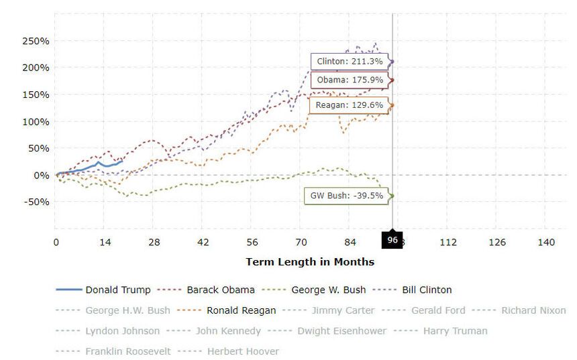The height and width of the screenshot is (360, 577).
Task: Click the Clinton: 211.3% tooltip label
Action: [350, 62]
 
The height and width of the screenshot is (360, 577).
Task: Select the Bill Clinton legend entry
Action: [426, 290]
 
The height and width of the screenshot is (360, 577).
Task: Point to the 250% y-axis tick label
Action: [36, 41]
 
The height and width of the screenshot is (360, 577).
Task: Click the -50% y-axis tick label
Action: [36, 202]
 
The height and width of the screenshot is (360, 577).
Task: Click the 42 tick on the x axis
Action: [203, 243]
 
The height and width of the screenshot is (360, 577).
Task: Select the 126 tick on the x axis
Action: [497, 243]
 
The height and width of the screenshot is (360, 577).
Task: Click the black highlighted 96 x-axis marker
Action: [392, 240]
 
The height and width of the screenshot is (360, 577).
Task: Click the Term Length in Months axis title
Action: [310, 261]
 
